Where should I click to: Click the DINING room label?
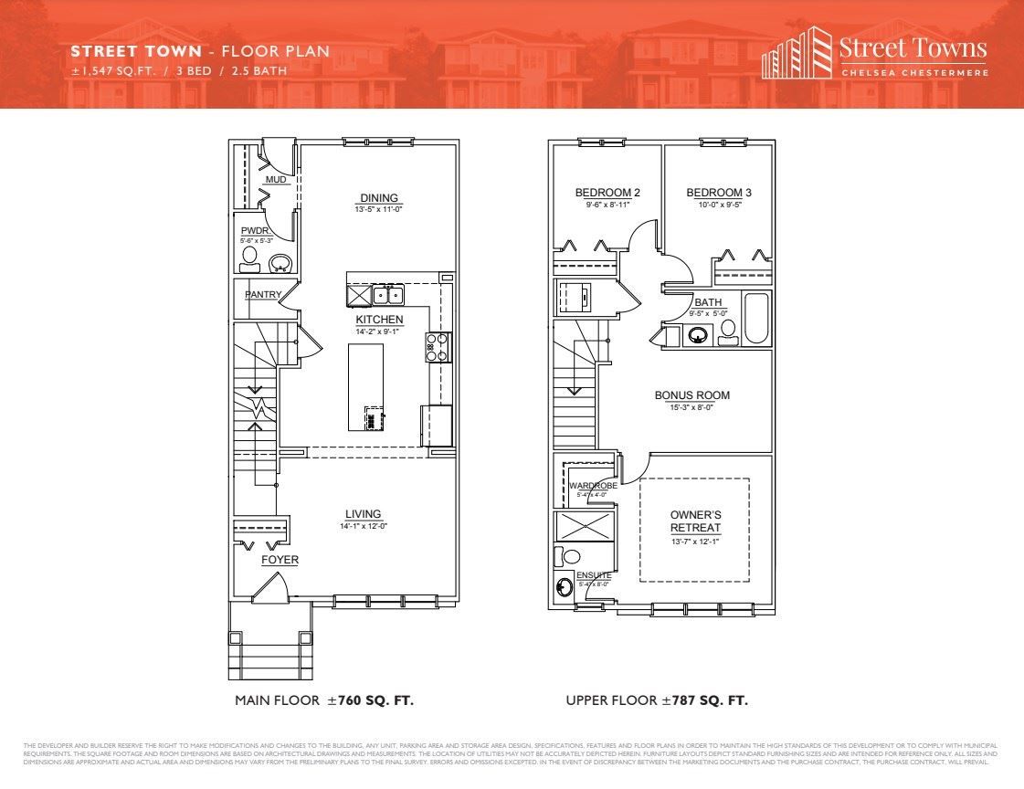(x=379, y=198)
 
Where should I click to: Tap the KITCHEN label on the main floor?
(x=379, y=320)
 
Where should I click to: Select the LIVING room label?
(x=363, y=514)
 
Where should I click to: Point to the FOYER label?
(x=280, y=560)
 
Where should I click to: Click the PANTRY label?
(x=262, y=295)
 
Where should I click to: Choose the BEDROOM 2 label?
(x=607, y=193)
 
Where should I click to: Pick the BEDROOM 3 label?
(x=719, y=193)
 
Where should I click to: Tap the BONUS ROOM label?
(x=691, y=395)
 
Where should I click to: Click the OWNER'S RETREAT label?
(x=695, y=521)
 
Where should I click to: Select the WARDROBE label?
(x=593, y=486)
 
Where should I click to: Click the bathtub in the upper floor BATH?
(x=755, y=319)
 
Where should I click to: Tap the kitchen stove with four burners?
(x=438, y=347)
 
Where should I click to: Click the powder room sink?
(x=280, y=264)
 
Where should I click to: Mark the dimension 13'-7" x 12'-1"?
(x=695, y=542)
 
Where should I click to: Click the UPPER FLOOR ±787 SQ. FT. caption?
(x=657, y=701)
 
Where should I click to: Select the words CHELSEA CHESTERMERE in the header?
(x=913, y=73)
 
